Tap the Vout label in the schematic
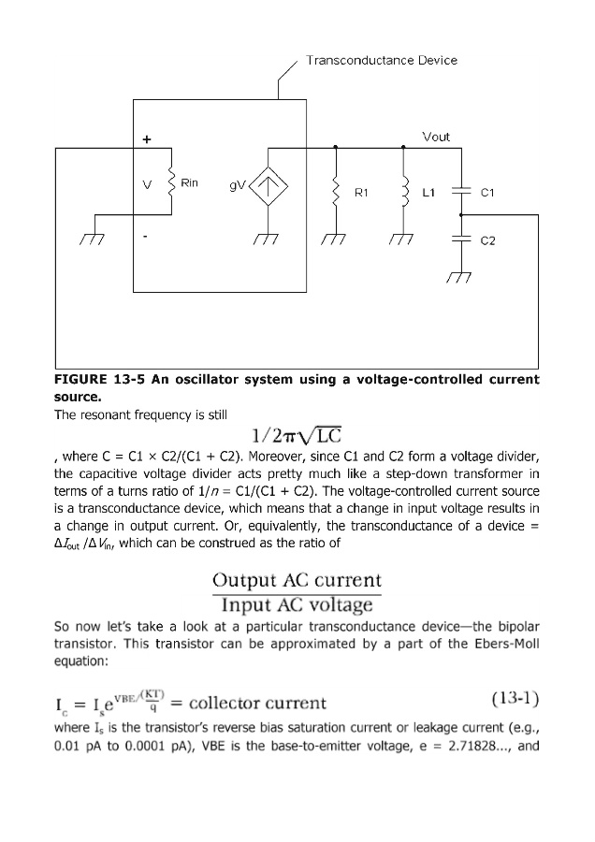[x=436, y=137]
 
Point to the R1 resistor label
[x=363, y=193]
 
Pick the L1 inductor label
[x=429, y=193]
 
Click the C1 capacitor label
[x=486, y=193]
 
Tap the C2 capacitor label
[x=486, y=240]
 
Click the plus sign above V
[x=146, y=139]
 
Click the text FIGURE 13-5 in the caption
[x=96, y=380]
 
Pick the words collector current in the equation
[x=259, y=703]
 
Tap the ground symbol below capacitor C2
[x=458, y=277]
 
